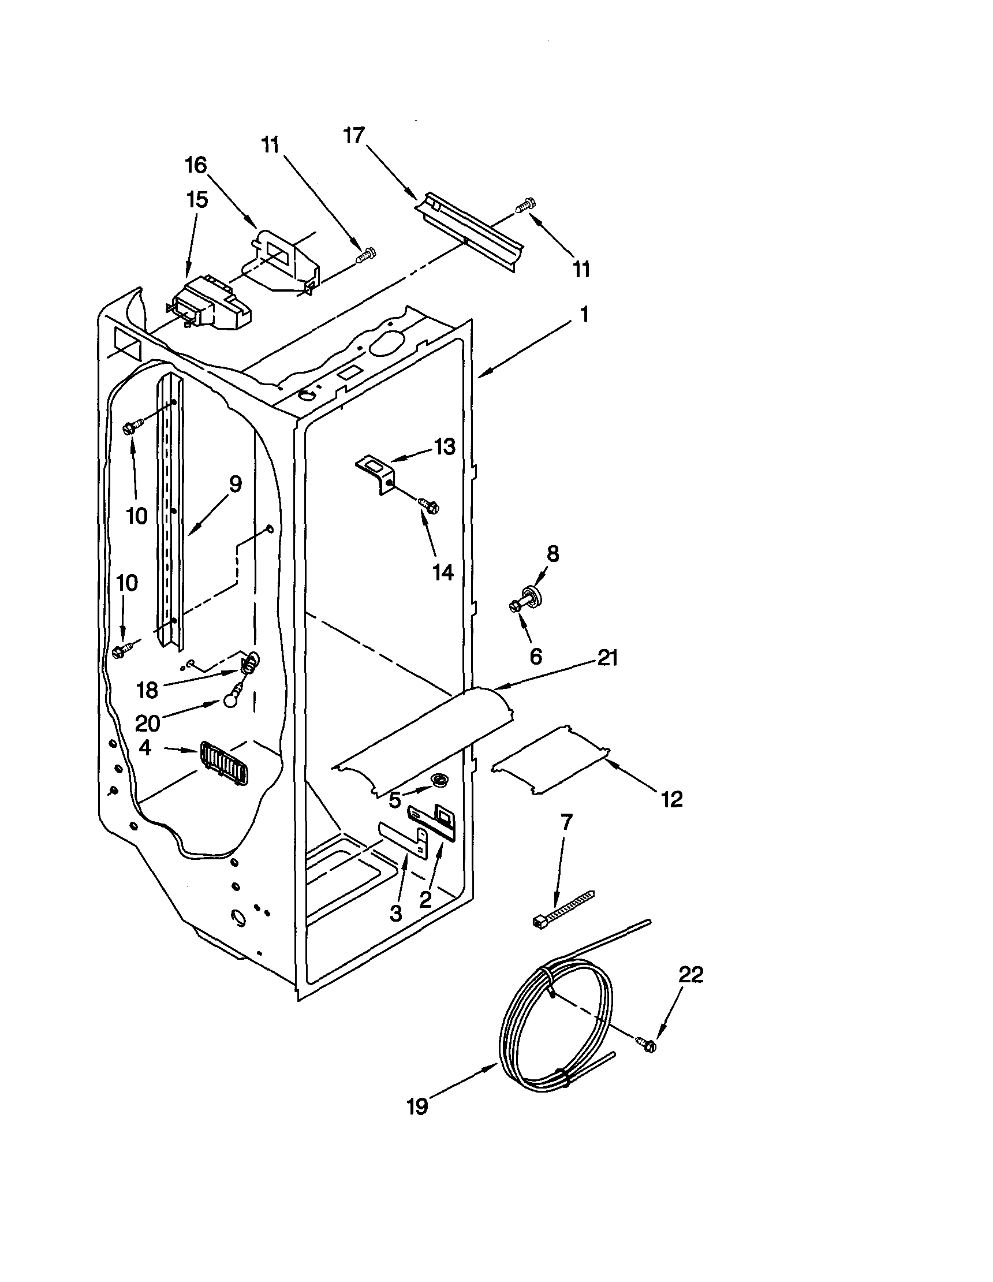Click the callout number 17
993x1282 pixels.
[x=354, y=136]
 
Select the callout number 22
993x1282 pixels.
[x=690, y=974]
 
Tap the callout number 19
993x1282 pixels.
[x=417, y=1106]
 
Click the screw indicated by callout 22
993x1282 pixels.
[x=647, y=1044]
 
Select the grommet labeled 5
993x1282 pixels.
[x=437, y=780]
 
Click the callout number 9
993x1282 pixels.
[x=235, y=485]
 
